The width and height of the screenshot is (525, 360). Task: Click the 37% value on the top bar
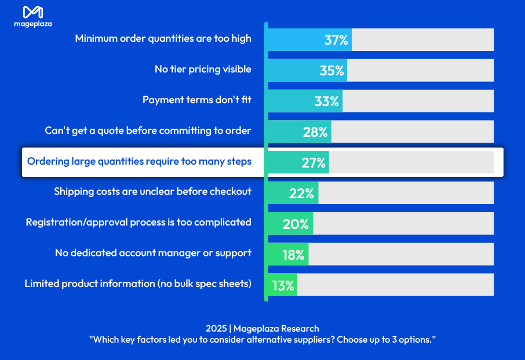click(336, 40)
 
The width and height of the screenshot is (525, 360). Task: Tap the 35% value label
click(332, 71)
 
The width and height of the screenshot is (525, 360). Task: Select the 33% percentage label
click(327, 101)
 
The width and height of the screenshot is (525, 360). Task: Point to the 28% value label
click(315, 132)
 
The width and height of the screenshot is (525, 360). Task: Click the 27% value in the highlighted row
click(313, 163)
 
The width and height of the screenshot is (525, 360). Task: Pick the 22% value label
click(301, 194)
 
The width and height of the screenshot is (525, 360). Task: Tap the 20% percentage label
click(296, 224)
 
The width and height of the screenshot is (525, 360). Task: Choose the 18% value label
click(293, 255)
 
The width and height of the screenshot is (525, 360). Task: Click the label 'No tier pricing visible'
click(203, 69)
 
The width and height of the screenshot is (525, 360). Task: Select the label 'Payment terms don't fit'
click(197, 100)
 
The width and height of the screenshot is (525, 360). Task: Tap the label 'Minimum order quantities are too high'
click(163, 38)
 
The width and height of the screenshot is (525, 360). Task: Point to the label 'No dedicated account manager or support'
click(153, 253)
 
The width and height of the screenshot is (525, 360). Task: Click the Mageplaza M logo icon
click(32, 12)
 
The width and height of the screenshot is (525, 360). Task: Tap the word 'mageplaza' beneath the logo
click(32, 24)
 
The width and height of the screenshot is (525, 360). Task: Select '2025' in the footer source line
click(216, 329)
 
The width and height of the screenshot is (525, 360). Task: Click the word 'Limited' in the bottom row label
click(41, 283)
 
